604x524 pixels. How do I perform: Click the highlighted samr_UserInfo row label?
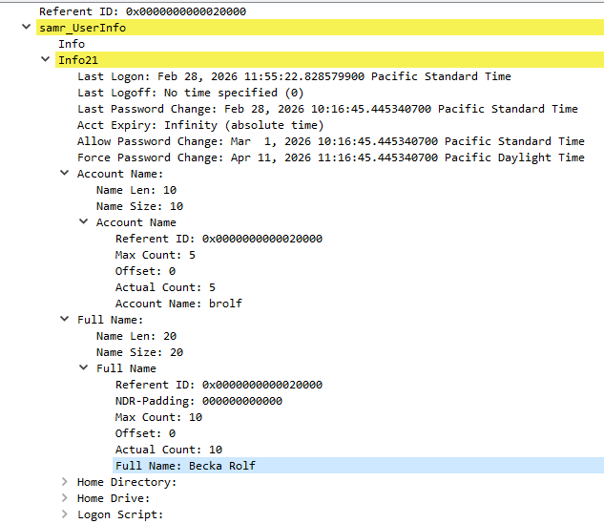tap(82, 28)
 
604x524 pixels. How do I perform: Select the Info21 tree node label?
tap(78, 60)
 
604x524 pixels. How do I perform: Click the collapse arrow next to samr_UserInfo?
tap(26, 27)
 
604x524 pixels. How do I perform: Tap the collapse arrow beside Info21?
tap(46, 59)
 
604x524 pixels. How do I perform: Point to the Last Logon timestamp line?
tap(294, 76)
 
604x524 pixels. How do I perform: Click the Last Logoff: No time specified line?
tap(191, 93)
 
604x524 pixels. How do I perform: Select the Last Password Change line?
tap(327, 109)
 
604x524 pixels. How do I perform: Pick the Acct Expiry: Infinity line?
tap(200, 125)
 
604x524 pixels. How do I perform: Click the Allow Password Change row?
tap(331, 141)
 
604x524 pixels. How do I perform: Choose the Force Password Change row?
tap(331, 157)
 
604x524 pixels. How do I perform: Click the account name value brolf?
tap(225, 304)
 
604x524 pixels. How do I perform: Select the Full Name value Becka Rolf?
tap(222, 466)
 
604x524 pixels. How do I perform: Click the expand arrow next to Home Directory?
tap(65, 482)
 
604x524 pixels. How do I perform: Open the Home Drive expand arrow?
tap(65, 498)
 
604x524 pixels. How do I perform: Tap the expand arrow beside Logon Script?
tap(65, 514)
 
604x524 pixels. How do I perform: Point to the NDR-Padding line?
tap(198, 401)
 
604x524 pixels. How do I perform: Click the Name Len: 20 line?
tap(136, 336)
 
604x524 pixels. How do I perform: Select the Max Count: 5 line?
tap(156, 255)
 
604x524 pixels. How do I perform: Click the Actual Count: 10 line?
tap(169, 450)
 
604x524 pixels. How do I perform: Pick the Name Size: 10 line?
tap(140, 206)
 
